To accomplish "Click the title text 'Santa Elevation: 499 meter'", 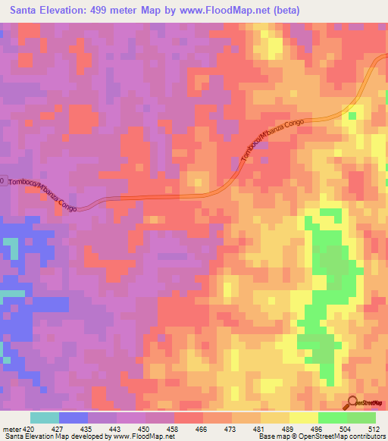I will coord(73,10).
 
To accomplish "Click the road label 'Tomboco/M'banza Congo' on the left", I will coord(39,195).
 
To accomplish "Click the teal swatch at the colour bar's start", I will coord(44,418).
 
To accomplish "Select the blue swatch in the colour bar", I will coord(73,418).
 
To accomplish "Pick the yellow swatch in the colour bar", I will coord(302,418).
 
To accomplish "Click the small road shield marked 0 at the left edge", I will coord(2,181).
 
